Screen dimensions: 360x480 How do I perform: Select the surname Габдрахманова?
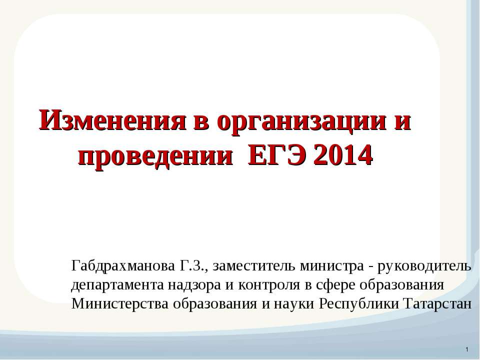pyautogui.click(x=123, y=265)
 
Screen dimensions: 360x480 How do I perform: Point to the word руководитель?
pyautogui.click(x=426, y=265)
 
